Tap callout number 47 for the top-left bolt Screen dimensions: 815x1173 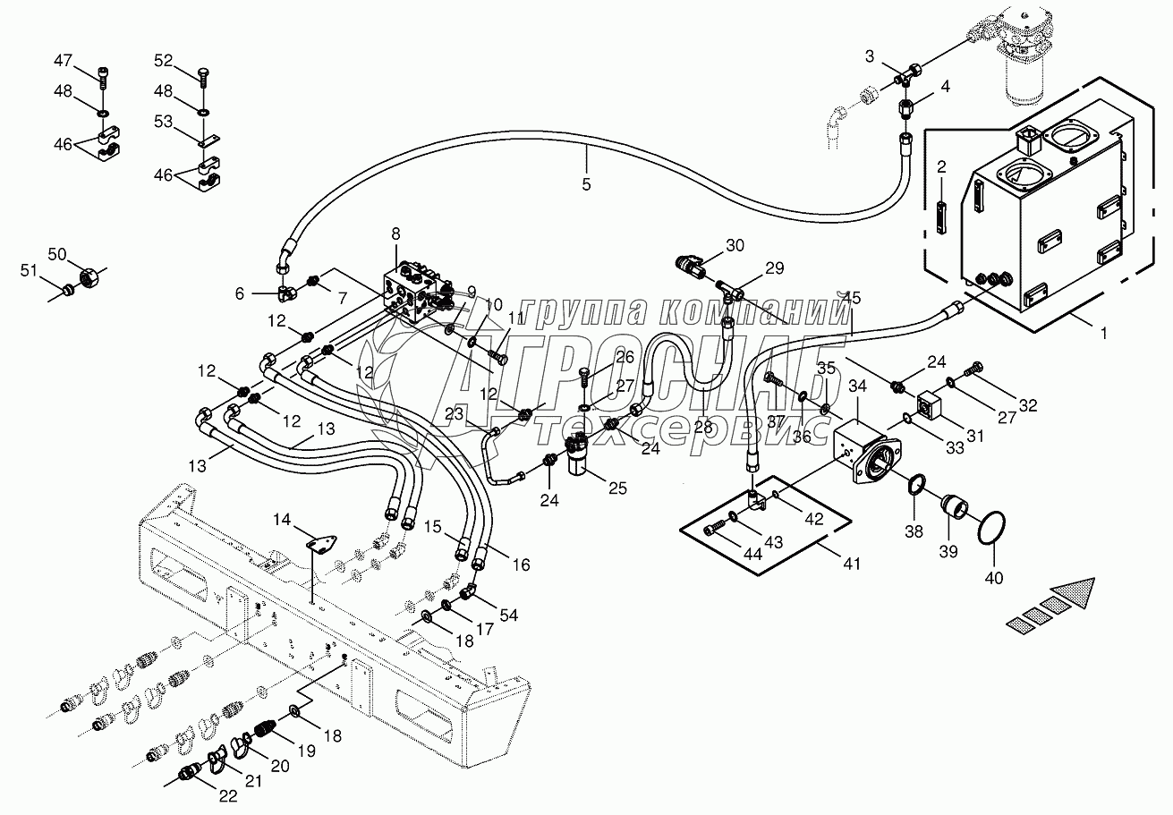click(63, 61)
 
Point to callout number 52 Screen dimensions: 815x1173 click(163, 61)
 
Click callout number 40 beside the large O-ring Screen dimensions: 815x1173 click(995, 578)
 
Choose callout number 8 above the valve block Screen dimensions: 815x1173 click(395, 235)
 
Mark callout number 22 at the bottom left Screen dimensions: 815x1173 click(228, 797)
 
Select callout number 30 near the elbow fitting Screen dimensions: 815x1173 click(735, 246)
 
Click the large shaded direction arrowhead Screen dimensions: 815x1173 click(1074, 594)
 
